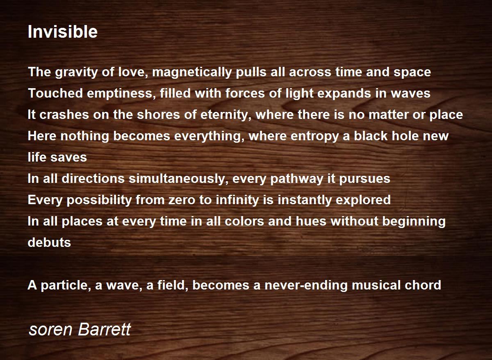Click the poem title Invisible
(63, 32)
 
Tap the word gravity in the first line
(76, 73)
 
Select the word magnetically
(192, 73)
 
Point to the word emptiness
(120, 93)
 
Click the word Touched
(55, 93)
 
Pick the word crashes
(64, 115)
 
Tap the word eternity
(226, 115)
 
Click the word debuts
(49, 242)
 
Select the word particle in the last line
(66, 285)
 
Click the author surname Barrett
(105, 330)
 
